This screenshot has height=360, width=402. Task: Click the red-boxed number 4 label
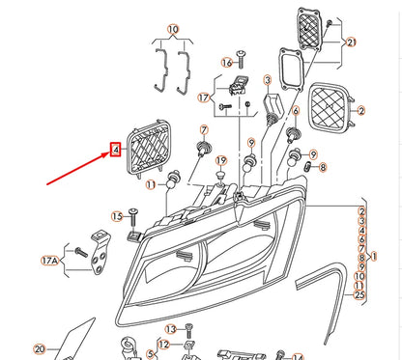[115, 150]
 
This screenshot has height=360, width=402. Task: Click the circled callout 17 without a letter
[205, 97]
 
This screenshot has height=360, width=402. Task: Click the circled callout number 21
[351, 42]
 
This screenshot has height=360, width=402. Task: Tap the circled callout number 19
[220, 160]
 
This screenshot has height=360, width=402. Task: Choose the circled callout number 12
[163, 345]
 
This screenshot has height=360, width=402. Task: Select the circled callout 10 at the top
[173, 29]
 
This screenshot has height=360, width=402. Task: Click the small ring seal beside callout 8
[307, 168]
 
